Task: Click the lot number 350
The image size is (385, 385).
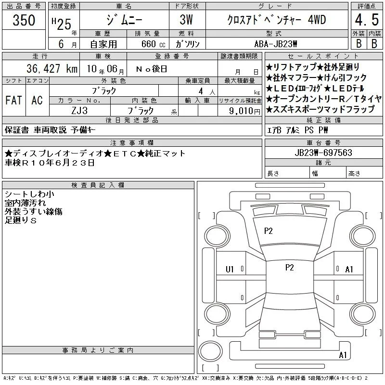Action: point(24,20)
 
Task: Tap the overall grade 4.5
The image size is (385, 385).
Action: point(367,20)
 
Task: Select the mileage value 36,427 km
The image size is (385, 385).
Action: point(52,68)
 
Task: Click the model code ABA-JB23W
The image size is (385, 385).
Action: point(276,44)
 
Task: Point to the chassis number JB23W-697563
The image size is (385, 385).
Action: point(323,153)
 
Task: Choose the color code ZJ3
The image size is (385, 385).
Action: point(79,111)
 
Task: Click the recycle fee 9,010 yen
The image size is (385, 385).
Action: point(244,111)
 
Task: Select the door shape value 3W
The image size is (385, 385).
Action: point(186,20)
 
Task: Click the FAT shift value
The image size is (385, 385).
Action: point(13,100)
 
